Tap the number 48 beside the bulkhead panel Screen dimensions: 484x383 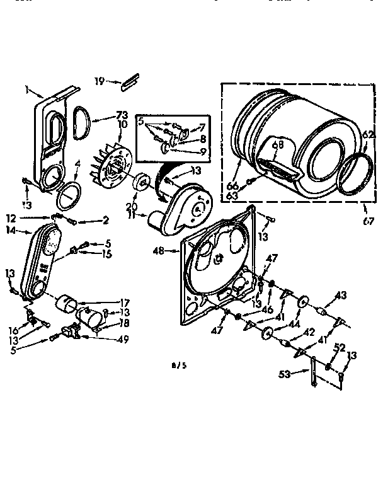[158, 251]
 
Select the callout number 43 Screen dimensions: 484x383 [341, 295]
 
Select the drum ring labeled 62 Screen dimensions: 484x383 [353, 171]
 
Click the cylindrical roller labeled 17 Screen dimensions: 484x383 [67, 304]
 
